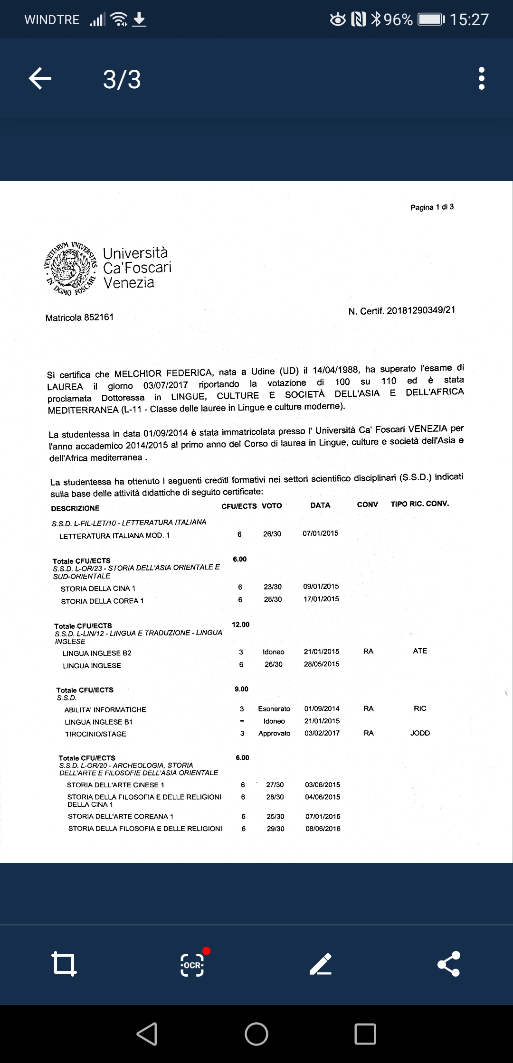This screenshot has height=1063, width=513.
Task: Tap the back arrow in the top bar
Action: (x=40, y=78)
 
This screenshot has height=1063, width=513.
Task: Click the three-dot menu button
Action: (x=482, y=78)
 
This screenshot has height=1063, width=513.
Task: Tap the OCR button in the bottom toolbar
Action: (x=192, y=964)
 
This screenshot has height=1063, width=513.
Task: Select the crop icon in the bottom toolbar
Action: (x=64, y=964)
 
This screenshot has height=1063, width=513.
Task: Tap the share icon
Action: (x=449, y=964)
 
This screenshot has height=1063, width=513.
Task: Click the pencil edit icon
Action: (x=321, y=964)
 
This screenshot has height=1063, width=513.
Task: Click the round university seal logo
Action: (x=71, y=269)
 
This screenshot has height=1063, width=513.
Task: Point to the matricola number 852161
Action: (x=99, y=317)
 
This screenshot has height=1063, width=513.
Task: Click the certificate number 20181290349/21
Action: (x=421, y=310)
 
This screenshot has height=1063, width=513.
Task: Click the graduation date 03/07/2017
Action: (x=166, y=385)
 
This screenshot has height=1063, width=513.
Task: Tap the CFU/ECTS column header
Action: (x=239, y=506)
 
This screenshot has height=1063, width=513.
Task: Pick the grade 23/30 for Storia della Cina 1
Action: (x=273, y=587)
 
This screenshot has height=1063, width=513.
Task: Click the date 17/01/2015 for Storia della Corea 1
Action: (x=321, y=599)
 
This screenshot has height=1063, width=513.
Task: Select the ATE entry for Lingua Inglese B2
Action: (x=420, y=651)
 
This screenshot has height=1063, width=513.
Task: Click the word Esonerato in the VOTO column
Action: (x=274, y=709)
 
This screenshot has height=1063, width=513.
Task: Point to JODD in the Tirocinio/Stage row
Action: (x=420, y=733)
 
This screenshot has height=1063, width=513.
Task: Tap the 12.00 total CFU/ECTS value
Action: (x=240, y=625)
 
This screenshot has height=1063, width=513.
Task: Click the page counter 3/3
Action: (x=122, y=79)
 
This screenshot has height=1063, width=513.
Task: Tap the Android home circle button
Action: (x=256, y=1034)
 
